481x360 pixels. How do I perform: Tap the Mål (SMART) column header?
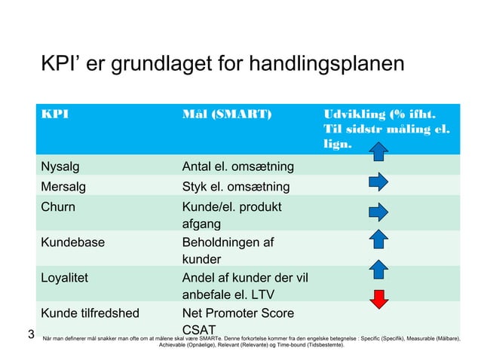224,115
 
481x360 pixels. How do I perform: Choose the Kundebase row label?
72,243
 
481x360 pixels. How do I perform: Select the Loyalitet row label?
64,277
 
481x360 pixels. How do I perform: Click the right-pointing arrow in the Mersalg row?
378,182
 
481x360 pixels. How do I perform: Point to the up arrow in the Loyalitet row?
379,270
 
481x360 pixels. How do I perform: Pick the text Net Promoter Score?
237,313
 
